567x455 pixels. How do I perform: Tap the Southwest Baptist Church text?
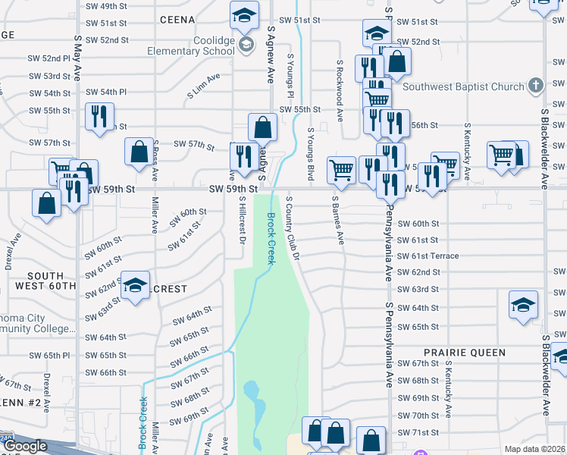tap(464, 86)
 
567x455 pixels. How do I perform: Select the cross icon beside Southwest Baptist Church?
tap(536, 86)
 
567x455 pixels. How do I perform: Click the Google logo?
tap(25, 446)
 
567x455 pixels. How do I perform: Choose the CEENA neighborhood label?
tap(178, 20)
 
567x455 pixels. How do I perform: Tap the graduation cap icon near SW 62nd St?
tap(136, 286)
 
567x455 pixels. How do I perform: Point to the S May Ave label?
tap(78, 58)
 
